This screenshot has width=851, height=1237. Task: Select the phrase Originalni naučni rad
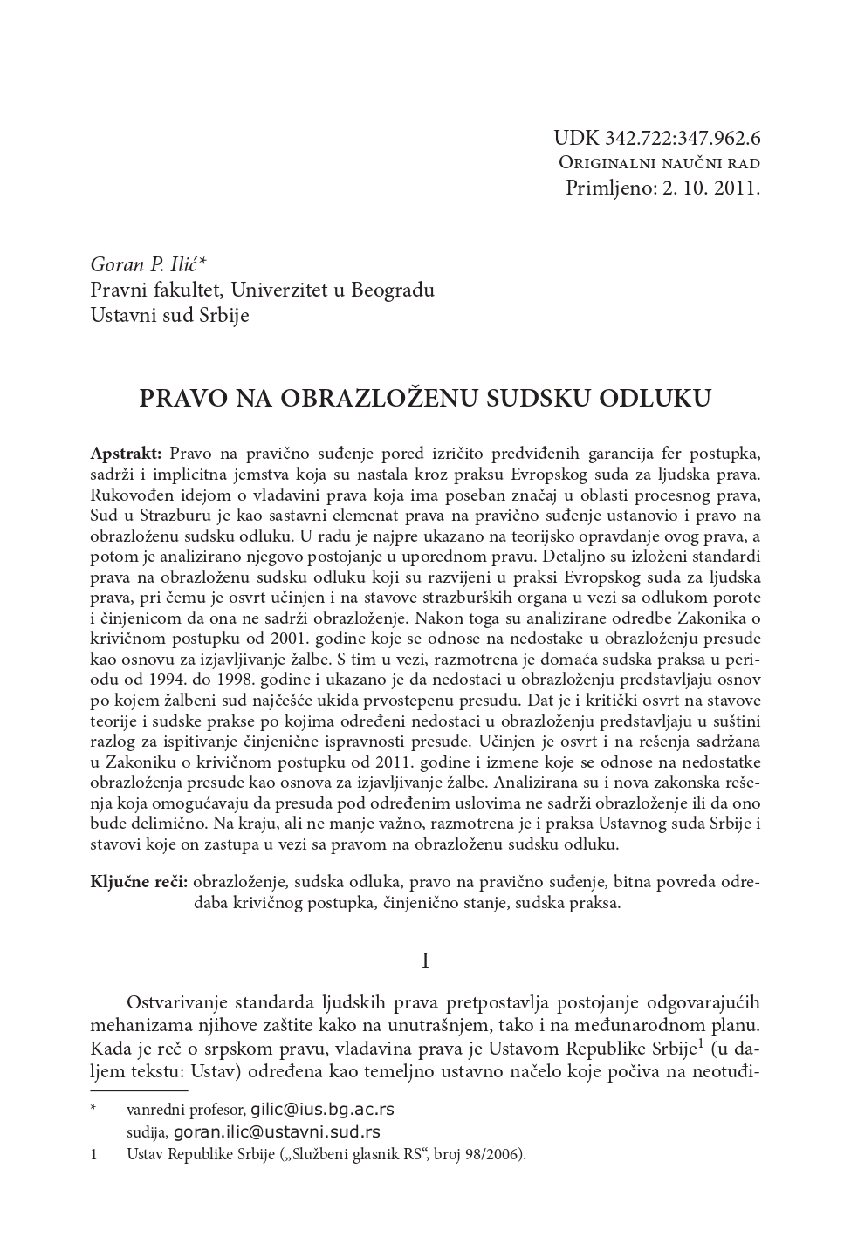(659, 163)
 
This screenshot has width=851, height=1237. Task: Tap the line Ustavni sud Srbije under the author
(169, 315)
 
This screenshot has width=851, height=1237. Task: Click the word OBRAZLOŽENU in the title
(378, 399)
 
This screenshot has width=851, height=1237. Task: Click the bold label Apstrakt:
(126, 454)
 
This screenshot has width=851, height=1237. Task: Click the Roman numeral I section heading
(425, 962)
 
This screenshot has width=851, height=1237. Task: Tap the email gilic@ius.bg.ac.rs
(321, 1110)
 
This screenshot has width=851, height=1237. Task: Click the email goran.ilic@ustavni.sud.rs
(277, 1132)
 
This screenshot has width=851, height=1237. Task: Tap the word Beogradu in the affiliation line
(393, 290)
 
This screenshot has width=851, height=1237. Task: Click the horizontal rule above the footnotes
(139, 1090)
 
